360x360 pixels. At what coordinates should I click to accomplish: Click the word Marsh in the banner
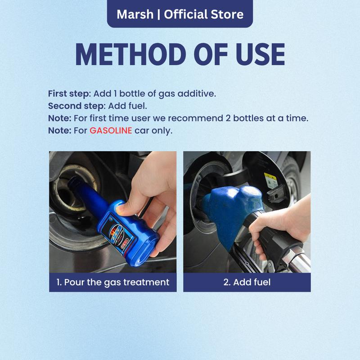[135, 14]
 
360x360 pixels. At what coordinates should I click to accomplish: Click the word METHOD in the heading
[130, 54]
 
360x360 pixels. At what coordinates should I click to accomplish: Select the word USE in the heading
[260, 54]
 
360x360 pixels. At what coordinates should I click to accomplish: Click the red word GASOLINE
[111, 130]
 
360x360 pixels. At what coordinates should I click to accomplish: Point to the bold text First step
[69, 94]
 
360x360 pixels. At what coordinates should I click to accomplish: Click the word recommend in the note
[196, 118]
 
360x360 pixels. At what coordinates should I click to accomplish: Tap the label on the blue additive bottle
[118, 232]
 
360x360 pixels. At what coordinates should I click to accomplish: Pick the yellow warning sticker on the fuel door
[271, 181]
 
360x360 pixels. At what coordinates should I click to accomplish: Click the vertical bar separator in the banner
[159, 14]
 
